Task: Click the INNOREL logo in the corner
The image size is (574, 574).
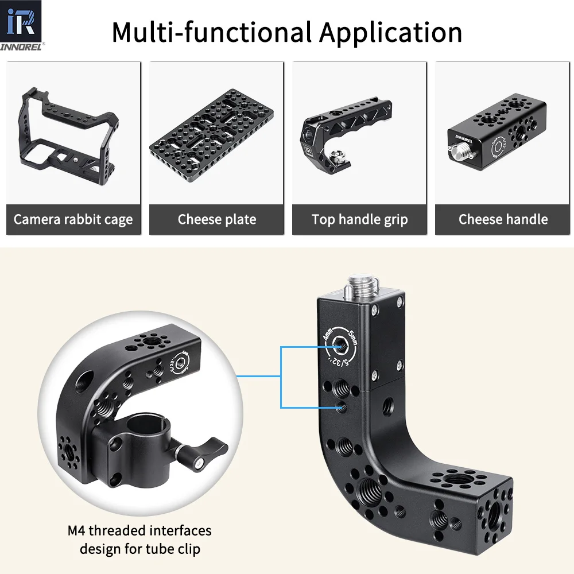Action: point(22,25)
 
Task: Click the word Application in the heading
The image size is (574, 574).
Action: point(390,33)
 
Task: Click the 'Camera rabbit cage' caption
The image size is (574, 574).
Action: point(73,219)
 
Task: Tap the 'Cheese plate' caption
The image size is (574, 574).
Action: point(217,219)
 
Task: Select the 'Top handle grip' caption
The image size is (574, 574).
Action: point(359,219)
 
